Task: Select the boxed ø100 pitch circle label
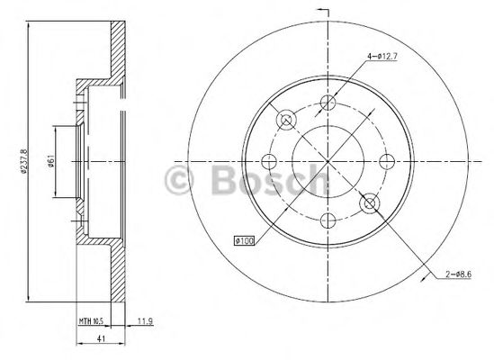click(x=244, y=240)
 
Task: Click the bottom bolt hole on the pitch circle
click(x=328, y=219)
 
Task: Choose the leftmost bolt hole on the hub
click(x=269, y=162)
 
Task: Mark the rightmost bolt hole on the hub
click(x=387, y=161)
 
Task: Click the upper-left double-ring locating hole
click(x=287, y=119)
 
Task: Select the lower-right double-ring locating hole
click(x=368, y=204)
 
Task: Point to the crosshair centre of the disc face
click(x=328, y=161)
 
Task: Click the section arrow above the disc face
click(x=324, y=11)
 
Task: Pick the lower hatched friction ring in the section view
click(x=115, y=270)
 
